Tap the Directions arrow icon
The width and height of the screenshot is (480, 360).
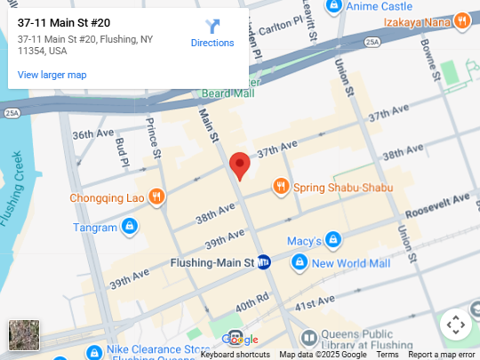(212, 27)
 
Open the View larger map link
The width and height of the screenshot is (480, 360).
(52, 75)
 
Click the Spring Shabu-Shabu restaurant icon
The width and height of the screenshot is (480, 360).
(281, 186)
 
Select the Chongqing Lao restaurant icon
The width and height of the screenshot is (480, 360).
(156, 196)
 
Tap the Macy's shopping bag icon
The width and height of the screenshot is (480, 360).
(332, 240)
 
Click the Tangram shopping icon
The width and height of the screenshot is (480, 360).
(130, 228)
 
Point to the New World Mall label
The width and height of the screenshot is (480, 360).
(350, 263)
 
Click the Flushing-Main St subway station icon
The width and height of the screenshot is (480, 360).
(264, 262)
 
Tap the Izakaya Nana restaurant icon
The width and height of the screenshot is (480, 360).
(461, 20)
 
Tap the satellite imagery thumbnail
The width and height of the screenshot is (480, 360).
(24, 335)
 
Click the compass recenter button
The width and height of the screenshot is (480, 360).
(455, 324)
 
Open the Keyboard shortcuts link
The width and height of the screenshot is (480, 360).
(235, 355)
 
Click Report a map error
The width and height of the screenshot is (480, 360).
(442, 355)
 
